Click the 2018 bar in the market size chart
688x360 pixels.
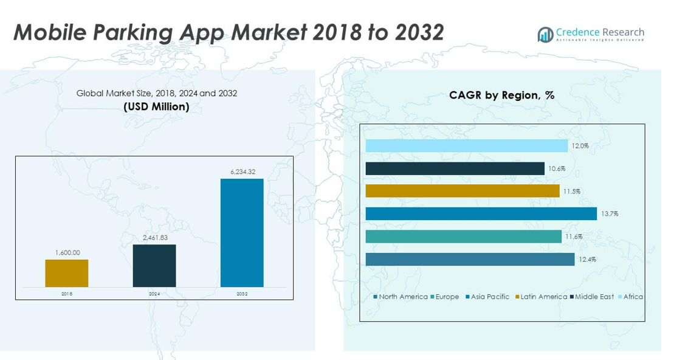(66, 273)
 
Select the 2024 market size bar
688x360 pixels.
(154, 266)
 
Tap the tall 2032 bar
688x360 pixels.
(242, 232)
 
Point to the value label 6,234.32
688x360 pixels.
(243, 172)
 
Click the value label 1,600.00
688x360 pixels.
(67, 253)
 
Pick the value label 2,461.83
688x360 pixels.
(154, 238)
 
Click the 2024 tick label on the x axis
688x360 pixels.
(154, 294)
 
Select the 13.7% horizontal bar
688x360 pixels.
(481, 213)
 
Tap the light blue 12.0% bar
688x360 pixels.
(466, 146)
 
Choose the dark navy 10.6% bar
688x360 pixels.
(455, 168)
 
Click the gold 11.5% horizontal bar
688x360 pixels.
(462, 191)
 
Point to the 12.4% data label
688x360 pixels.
(587, 260)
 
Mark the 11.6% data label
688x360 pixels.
(574, 237)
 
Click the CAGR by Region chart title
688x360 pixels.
(501, 95)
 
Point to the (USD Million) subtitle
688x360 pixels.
(156, 107)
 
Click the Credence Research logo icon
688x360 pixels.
(545, 35)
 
